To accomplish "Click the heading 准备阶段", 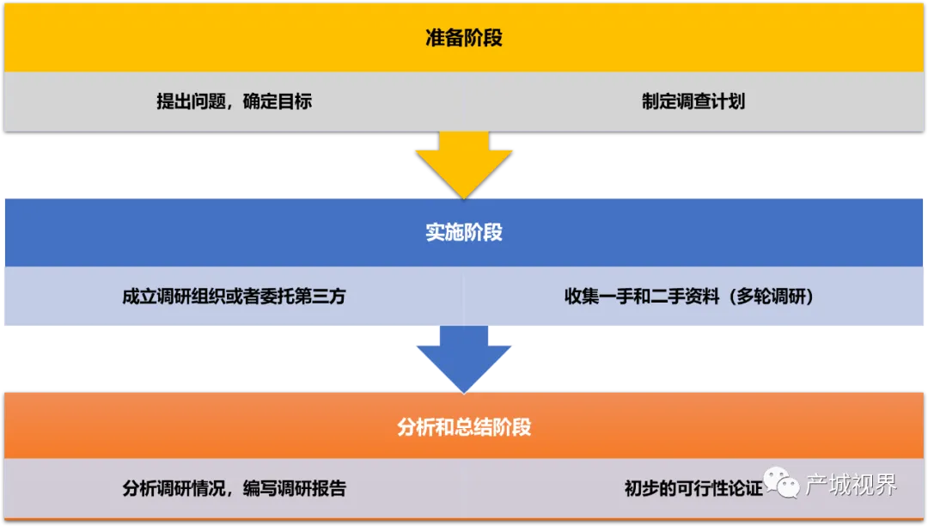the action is (x=464, y=38).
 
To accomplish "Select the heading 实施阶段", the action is (x=464, y=233).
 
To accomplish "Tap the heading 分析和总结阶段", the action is (x=464, y=426).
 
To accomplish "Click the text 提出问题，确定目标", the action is (x=234, y=101).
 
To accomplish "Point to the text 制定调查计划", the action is (x=693, y=101).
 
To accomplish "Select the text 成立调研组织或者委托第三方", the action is (x=234, y=296).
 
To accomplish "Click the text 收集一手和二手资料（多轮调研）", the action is (x=689, y=296).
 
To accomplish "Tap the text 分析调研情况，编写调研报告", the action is (x=234, y=488).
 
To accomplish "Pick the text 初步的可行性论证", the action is (x=693, y=488).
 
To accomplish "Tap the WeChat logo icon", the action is (x=781, y=483).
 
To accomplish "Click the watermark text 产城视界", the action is (x=851, y=485).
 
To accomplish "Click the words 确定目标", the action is (x=277, y=101).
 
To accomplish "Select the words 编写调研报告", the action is (x=294, y=488).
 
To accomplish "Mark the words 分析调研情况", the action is (x=174, y=488).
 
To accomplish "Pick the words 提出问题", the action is (x=191, y=101).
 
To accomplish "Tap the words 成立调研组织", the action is (x=174, y=296).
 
